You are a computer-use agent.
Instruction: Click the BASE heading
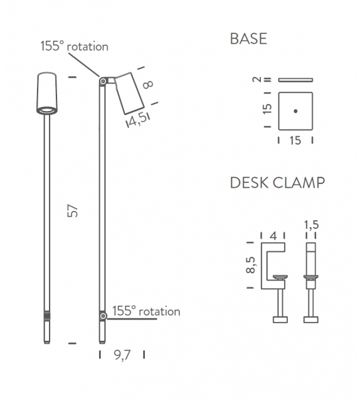tap(248, 39)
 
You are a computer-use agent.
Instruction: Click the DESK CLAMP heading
tap(277, 183)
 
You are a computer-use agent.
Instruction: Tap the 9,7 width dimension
tap(122, 355)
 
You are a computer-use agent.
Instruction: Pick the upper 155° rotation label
tap(74, 46)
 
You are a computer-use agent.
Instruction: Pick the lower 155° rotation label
tap(146, 311)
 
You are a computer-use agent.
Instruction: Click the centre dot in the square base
tap(295, 110)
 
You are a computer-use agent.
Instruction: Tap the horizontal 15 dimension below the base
tap(295, 141)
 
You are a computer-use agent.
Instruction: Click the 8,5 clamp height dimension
tap(251, 265)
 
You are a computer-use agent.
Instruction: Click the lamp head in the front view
tap(46, 94)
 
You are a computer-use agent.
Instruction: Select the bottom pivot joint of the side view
tap(102, 314)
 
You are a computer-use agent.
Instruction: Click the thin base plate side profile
tap(295, 80)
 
